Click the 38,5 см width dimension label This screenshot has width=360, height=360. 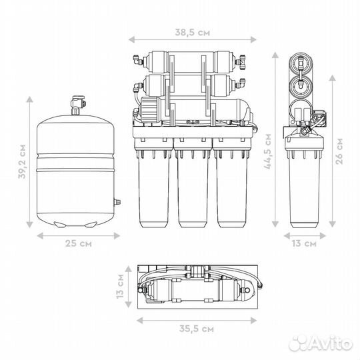click(193, 33)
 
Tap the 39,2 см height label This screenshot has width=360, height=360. click(22, 161)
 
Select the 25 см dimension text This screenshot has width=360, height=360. click(78, 243)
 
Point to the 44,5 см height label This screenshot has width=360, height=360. click(268, 151)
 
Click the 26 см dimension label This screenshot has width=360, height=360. click(339, 151)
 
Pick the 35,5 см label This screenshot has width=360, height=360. click(196, 329)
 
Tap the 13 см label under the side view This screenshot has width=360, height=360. click(304, 243)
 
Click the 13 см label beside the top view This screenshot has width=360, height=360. click(120, 286)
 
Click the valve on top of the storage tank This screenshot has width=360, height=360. click(78, 105)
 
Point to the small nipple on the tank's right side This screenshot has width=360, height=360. click(117, 202)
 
